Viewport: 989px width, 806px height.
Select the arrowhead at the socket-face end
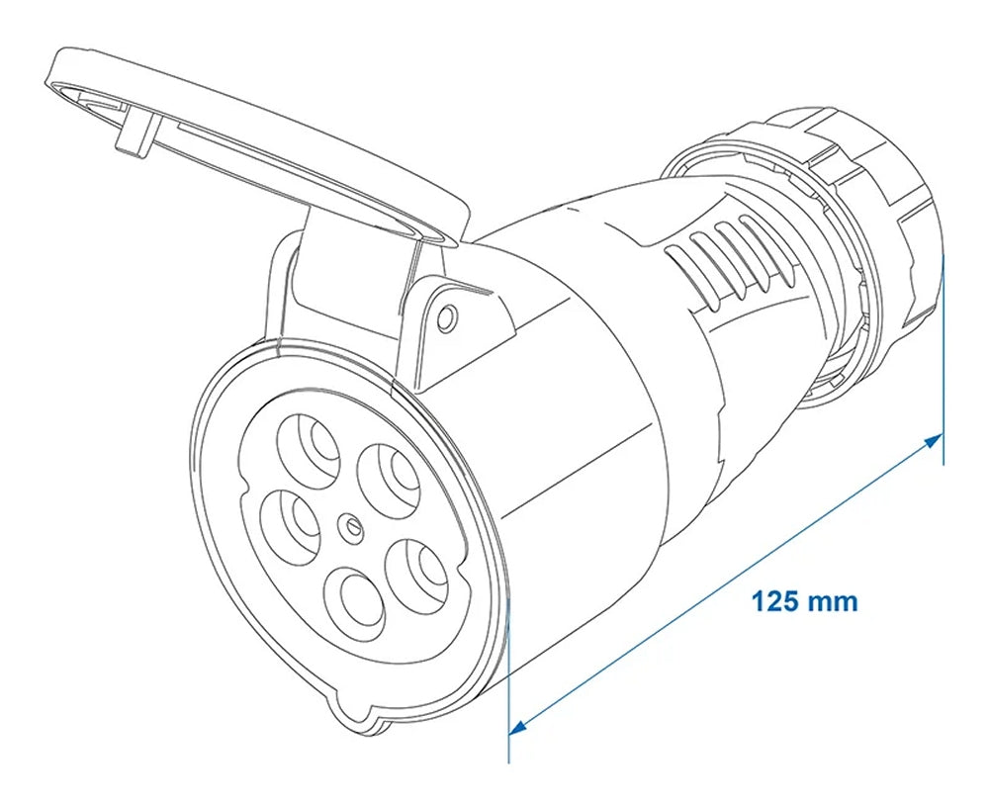click(517, 727)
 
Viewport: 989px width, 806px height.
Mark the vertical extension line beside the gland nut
click(944, 356)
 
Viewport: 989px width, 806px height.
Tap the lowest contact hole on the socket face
click(353, 600)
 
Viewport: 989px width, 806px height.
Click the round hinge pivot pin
click(446, 316)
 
